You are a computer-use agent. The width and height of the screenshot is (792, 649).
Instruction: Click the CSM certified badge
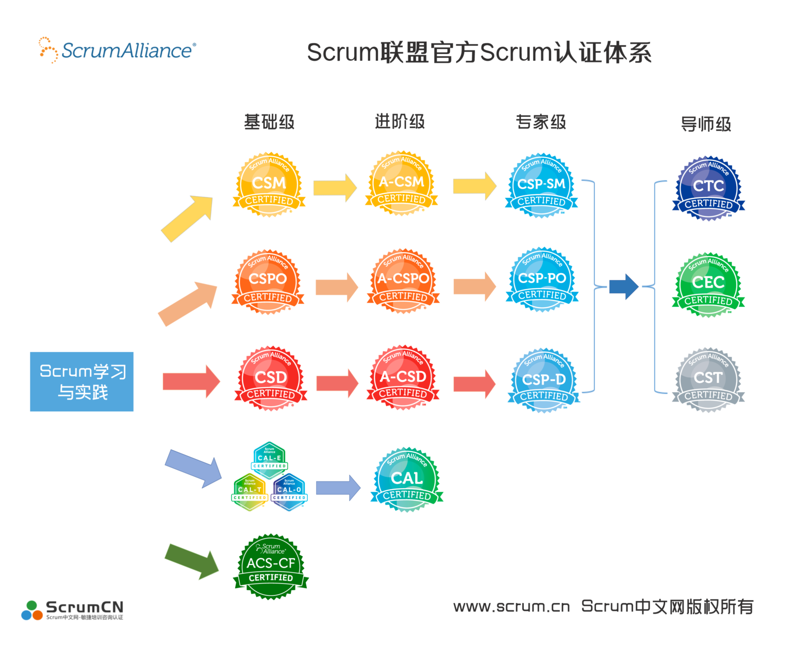[x=269, y=185]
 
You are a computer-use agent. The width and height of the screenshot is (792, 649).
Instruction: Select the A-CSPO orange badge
[x=403, y=281]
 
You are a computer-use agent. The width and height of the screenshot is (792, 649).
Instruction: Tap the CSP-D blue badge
[x=544, y=380]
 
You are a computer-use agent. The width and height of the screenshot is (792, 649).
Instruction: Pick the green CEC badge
[x=708, y=285]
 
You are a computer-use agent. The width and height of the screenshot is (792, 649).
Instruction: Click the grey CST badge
[x=708, y=380]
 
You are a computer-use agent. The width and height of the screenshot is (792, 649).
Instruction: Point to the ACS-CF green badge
[x=271, y=566]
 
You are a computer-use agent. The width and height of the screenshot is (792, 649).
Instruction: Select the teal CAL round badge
[x=407, y=480]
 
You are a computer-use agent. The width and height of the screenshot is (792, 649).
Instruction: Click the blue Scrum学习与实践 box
[x=81, y=381]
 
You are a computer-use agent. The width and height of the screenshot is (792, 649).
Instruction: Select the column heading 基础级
[x=269, y=122]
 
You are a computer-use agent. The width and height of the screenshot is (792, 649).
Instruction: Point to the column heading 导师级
[x=706, y=124]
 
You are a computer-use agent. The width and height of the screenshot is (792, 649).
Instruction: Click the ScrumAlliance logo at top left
[x=118, y=51]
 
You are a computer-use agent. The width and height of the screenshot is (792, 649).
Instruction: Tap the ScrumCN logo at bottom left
[x=72, y=610]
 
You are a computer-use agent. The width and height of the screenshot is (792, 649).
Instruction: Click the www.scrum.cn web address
[x=511, y=607]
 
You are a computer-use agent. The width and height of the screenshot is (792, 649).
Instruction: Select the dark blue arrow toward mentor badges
[x=623, y=287]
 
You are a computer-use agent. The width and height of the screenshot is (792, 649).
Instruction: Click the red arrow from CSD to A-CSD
[x=337, y=383]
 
